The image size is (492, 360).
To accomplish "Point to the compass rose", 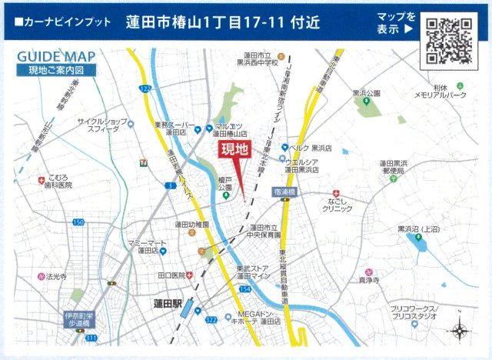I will pyautogui.click(x=458, y=332).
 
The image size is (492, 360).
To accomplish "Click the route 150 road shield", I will pyautogui.click(x=78, y=222).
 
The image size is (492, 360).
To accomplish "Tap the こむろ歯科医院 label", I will pyautogui.click(x=58, y=181).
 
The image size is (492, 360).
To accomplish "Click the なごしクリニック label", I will pyautogui.click(x=338, y=204).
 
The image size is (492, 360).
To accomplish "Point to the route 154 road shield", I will pyautogui.click(x=244, y=288).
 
